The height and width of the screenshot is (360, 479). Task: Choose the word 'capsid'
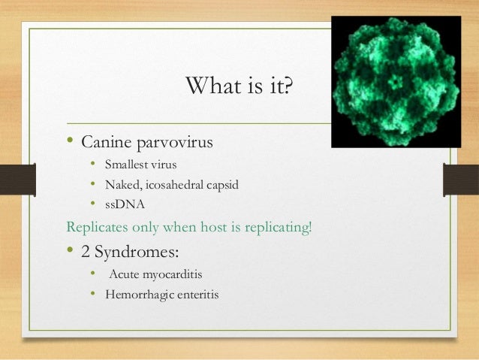[x=220, y=184]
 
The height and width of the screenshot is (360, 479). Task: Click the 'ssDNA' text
[x=122, y=204]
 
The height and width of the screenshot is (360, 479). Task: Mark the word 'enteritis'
[x=195, y=295]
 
